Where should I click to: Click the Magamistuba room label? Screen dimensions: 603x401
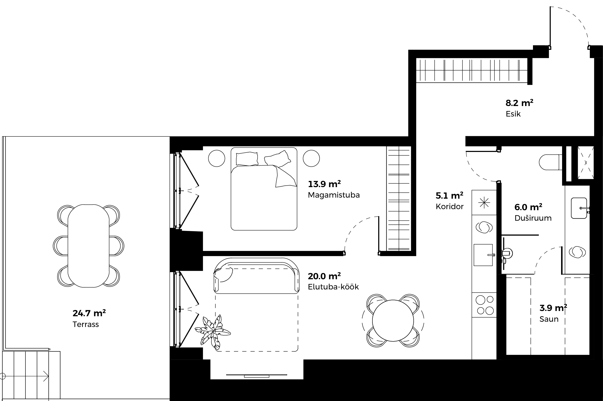point(334,195)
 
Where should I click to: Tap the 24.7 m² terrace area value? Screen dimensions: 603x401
point(89,313)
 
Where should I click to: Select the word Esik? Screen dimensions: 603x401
point(513,114)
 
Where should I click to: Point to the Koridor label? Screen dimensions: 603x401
point(450,207)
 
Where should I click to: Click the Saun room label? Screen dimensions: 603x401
point(549,319)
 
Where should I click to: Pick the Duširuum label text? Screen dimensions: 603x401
point(533,218)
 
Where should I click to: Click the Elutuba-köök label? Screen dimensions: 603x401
point(333,287)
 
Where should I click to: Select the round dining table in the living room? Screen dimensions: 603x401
point(393,320)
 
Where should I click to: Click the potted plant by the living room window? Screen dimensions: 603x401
point(212,332)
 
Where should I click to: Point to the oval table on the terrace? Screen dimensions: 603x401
point(89,246)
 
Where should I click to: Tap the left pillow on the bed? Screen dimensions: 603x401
point(247,159)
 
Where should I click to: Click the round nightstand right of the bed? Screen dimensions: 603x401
point(311,158)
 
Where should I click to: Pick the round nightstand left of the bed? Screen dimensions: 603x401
point(217,158)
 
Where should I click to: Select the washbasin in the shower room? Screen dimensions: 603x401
point(579,208)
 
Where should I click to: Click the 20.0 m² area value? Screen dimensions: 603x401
point(324,276)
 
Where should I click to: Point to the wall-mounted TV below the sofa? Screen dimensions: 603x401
point(257,375)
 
